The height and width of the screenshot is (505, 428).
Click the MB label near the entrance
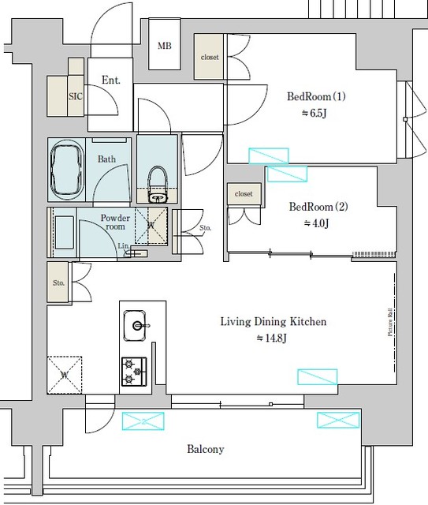pyautogui.click(x=164, y=46)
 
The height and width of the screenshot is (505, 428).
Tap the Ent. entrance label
pyautogui.click(x=111, y=80)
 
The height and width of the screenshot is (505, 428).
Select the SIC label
pyautogui.click(x=76, y=95)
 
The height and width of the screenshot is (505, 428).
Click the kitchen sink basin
pyautogui.click(x=137, y=324)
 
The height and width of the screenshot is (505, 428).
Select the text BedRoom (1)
pyautogui.click(x=316, y=97)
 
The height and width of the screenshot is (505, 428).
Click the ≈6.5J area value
pyautogui.click(x=315, y=114)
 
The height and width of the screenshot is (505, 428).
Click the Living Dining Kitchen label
pyautogui.click(x=273, y=322)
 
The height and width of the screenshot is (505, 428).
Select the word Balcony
pyautogui.click(x=206, y=449)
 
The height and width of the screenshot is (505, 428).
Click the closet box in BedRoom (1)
pyautogui.click(x=210, y=57)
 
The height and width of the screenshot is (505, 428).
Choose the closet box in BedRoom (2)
pyautogui.click(x=244, y=193)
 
